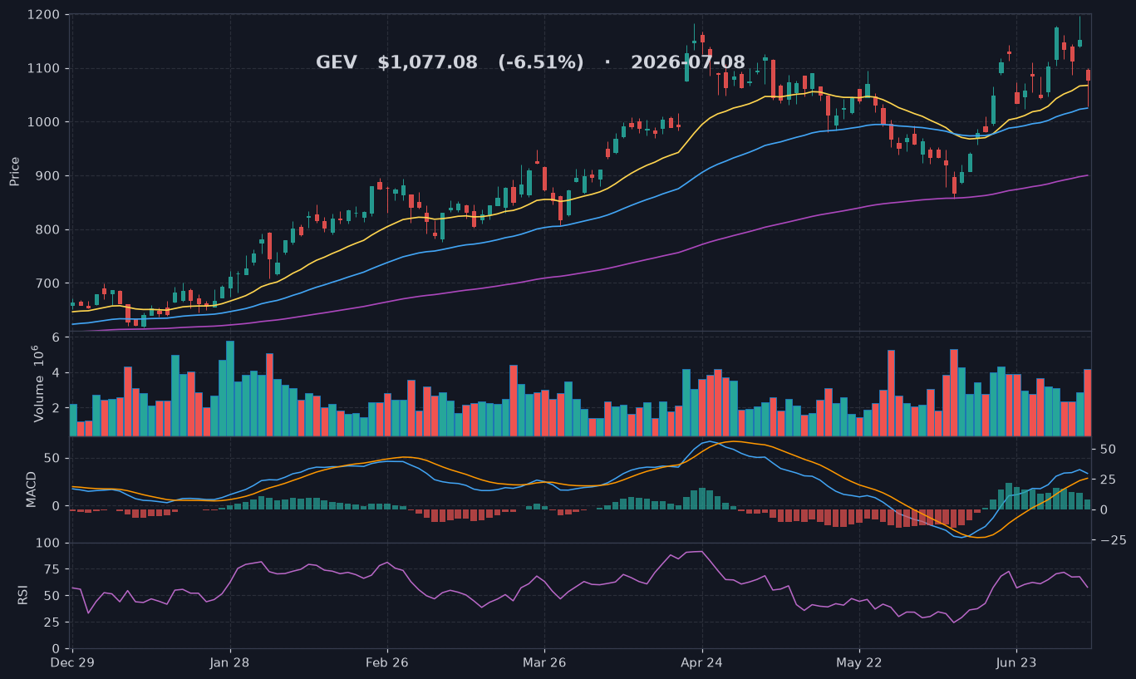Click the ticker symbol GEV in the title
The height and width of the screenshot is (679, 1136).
(x=337, y=62)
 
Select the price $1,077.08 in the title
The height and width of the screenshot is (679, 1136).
(x=427, y=62)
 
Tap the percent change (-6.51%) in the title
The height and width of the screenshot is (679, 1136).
(x=541, y=62)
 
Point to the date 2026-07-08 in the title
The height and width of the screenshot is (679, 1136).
(x=688, y=62)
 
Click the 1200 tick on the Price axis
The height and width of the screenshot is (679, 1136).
(x=43, y=15)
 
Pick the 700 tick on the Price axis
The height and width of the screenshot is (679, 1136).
(x=47, y=283)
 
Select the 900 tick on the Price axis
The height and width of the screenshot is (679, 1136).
(x=47, y=176)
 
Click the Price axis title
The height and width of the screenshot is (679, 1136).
(x=14, y=171)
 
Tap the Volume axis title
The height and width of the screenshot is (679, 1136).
(x=38, y=384)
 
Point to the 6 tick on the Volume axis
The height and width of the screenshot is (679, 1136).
(x=56, y=337)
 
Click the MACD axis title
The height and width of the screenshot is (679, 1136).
(x=32, y=490)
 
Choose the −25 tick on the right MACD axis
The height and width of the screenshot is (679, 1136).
(x=1113, y=540)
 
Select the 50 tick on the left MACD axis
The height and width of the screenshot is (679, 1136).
(x=52, y=459)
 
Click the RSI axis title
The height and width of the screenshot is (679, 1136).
(x=22, y=595)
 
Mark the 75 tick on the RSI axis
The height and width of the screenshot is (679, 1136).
(x=52, y=569)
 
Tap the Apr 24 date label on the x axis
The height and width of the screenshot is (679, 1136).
(x=702, y=662)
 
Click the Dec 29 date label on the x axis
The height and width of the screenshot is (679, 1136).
(x=72, y=662)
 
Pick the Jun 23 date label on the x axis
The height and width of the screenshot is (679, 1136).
(x=1016, y=662)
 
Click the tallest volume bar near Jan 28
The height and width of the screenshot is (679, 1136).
(x=230, y=388)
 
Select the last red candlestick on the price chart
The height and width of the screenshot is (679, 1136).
(x=1089, y=76)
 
